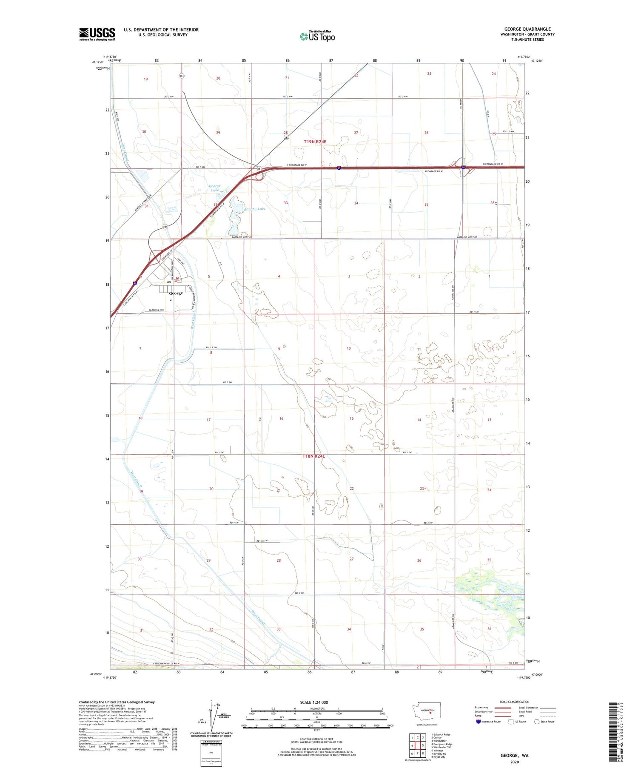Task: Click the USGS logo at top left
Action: tap(97, 34)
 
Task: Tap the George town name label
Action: tap(176, 293)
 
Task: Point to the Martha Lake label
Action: tap(256, 209)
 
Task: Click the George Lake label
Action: tap(215, 188)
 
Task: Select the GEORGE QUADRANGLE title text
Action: tap(527, 29)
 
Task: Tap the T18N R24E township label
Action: tap(313, 456)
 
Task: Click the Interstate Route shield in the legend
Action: tap(478, 722)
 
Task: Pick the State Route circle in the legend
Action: tap(537, 722)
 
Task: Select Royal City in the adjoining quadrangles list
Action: tap(439, 757)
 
